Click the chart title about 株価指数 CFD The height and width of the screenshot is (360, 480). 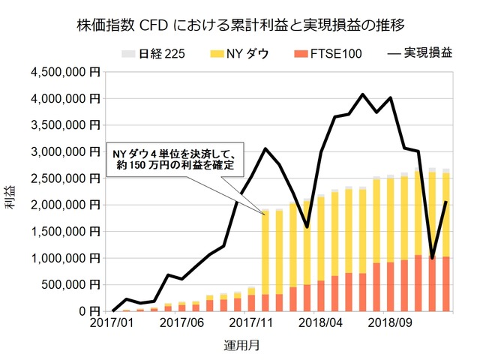(241, 25)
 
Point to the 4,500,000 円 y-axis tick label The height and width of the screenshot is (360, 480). (67, 72)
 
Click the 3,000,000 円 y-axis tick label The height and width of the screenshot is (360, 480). (67, 151)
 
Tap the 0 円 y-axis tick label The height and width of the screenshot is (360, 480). (90, 311)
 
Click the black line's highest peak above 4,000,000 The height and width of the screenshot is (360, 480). (363, 94)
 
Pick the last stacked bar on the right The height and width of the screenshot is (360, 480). (446, 240)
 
